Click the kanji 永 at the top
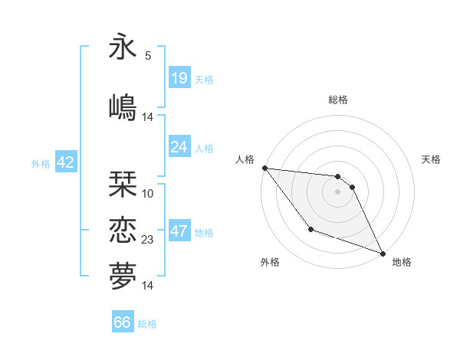[123, 47]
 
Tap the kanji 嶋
[123, 106]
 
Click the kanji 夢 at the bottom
[123, 275]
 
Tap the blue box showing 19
[179, 78]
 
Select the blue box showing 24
[179, 147]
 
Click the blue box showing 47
[179, 231]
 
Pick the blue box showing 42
[64, 162]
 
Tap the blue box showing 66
[122, 322]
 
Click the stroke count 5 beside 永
[148, 56]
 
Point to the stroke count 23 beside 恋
[148, 240]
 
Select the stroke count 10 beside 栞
[148, 194]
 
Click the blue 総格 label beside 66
[147, 324]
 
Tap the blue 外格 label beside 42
[41, 164]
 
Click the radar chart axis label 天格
[431, 159]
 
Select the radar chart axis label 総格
[338, 100]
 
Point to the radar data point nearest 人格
[264, 168]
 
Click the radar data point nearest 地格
[383, 254]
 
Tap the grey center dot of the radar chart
[338, 191]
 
